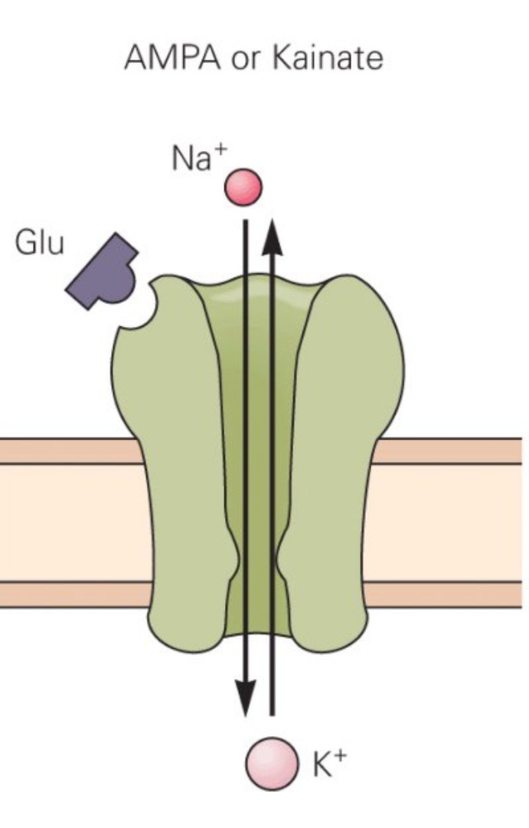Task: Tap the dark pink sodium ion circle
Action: point(243,187)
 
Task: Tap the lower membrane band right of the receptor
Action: point(452,594)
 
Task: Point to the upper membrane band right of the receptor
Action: point(452,451)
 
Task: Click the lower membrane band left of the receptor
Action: point(69,594)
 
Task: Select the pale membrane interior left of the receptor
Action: point(69,522)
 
